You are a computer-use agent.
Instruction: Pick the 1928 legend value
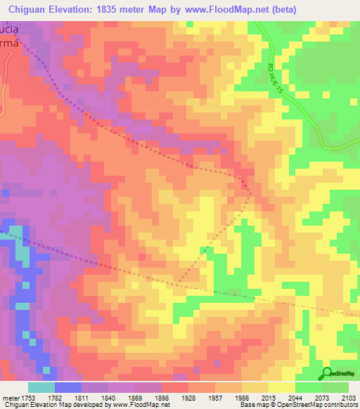[188, 397]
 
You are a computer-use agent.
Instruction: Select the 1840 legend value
[109, 397]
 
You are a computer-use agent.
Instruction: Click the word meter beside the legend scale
[12, 397]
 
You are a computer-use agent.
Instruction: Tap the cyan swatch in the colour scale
[41, 387]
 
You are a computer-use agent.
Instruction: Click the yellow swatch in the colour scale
[281, 387]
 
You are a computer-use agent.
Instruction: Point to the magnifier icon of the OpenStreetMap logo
[327, 373]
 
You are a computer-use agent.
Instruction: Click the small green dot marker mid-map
[205, 249]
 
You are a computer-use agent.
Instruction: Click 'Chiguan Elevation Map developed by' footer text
[42, 405]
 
